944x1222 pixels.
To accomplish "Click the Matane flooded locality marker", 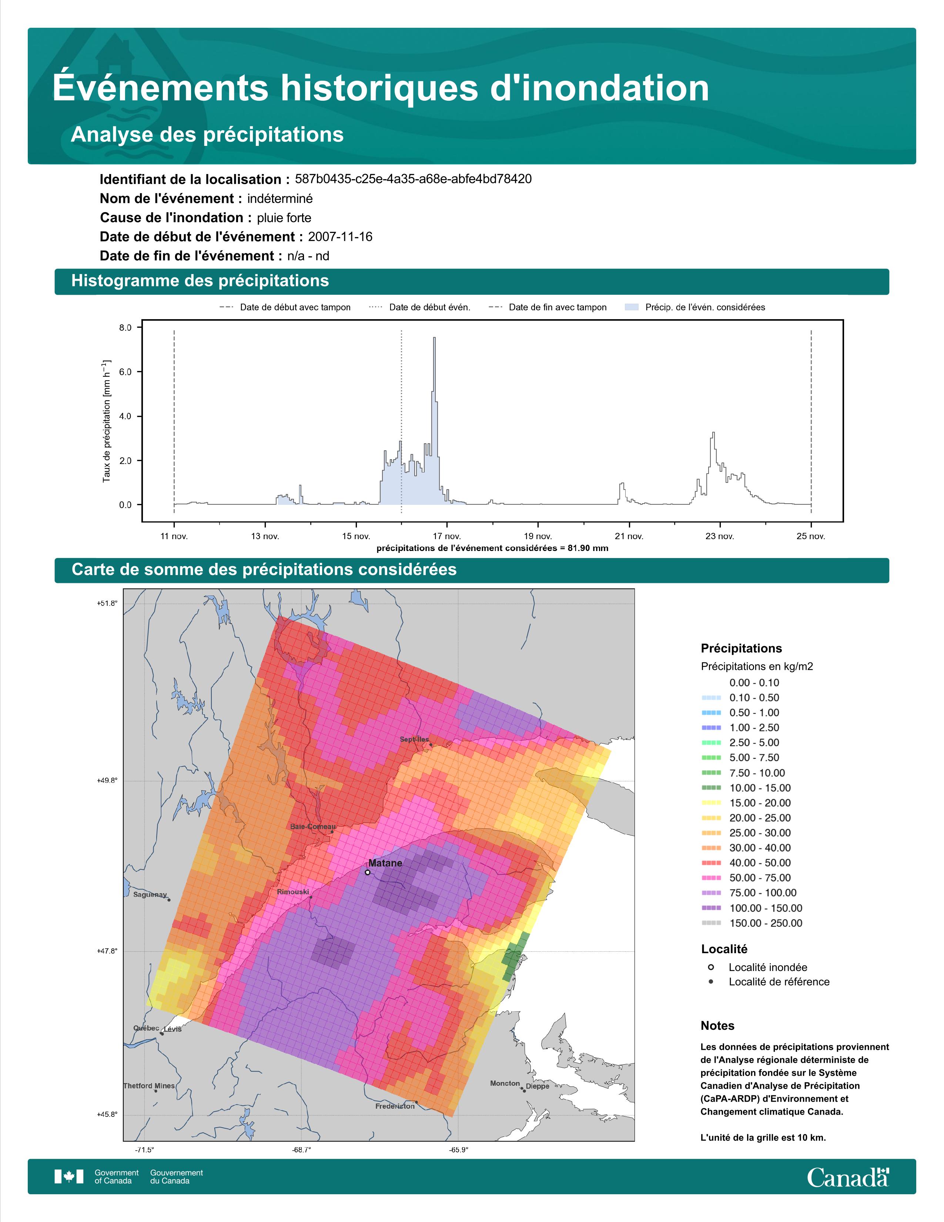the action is pyautogui.click(x=368, y=872).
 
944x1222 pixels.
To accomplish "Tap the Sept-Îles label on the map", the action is pyautogui.click(x=414, y=739).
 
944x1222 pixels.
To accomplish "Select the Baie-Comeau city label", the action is pyautogui.click(x=313, y=827).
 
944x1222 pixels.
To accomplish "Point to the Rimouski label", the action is pyautogui.click(x=293, y=891).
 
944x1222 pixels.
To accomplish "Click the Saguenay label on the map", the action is pyautogui.click(x=150, y=895).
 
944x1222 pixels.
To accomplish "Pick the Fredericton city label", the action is pyautogui.click(x=395, y=1106).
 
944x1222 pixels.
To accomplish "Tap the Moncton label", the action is pyautogui.click(x=505, y=1083).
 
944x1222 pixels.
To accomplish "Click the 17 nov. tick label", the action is pyautogui.click(x=447, y=536).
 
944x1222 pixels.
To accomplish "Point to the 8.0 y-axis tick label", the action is pyautogui.click(x=125, y=328).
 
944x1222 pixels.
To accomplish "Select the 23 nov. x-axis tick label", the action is pyautogui.click(x=720, y=536).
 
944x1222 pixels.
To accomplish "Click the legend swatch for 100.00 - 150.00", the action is pyautogui.click(x=711, y=908).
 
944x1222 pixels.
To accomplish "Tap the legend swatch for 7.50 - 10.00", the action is pyautogui.click(x=711, y=773).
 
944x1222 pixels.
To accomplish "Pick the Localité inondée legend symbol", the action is pyautogui.click(x=711, y=967).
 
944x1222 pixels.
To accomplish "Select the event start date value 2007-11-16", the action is pyautogui.click(x=340, y=237).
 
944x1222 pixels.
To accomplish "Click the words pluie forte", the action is pyautogui.click(x=284, y=218).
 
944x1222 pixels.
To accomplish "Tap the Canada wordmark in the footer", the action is pyautogui.click(x=848, y=1177).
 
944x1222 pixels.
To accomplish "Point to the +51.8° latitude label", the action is pyautogui.click(x=107, y=603).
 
